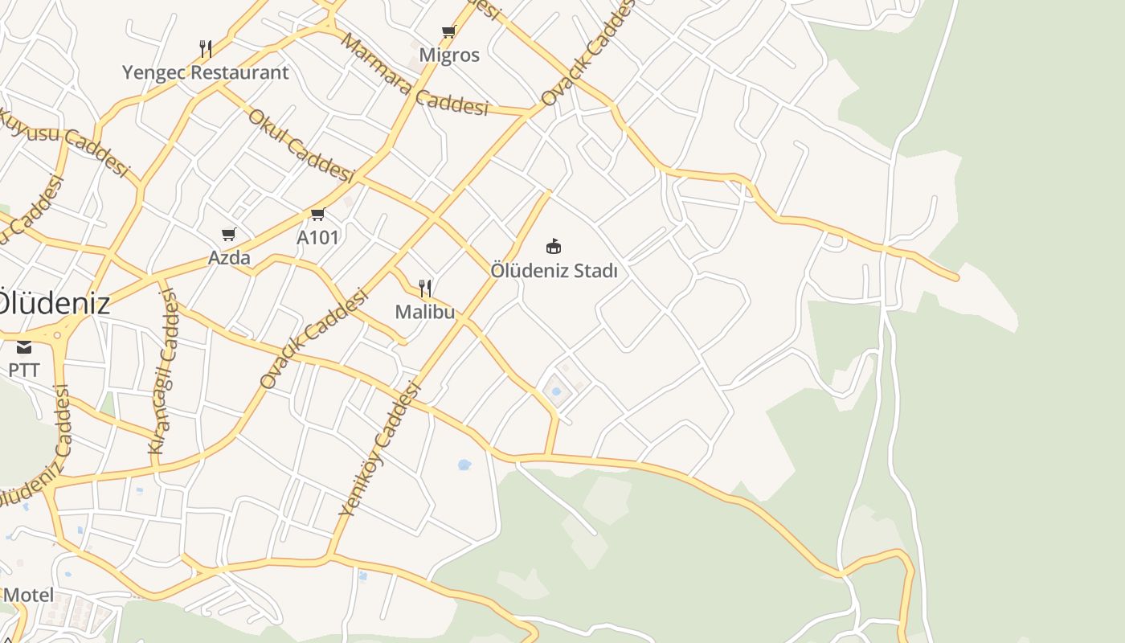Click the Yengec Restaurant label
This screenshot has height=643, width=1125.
[205, 72]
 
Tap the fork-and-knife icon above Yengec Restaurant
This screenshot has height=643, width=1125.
[206, 49]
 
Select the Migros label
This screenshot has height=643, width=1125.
[449, 55]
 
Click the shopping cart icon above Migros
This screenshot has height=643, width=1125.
[448, 32]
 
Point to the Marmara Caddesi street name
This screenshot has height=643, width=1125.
[415, 75]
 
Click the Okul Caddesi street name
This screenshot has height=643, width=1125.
[301, 145]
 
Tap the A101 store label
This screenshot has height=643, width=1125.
[317, 237]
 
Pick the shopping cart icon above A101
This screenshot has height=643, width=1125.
[317, 215]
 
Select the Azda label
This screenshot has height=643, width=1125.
[229, 258]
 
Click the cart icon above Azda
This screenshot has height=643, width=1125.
[229, 235]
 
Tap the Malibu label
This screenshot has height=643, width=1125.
[425, 312]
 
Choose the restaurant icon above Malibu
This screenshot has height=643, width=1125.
[426, 289]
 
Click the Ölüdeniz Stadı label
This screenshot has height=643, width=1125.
[554, 271]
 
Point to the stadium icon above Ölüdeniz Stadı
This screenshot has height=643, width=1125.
[553, 246]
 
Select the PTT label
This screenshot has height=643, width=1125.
[24, 371]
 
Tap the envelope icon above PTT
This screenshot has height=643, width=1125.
[24, 347]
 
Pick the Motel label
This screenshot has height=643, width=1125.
[29, 596]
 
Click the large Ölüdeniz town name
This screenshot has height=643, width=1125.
[53, 304]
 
